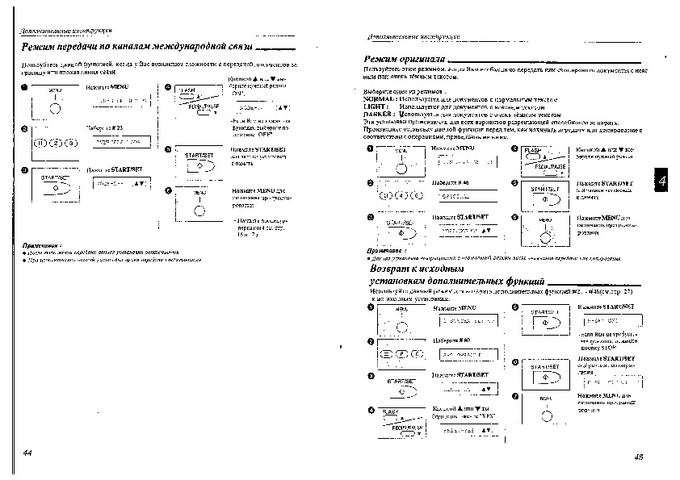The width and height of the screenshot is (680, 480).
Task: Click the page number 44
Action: tap(27, 454)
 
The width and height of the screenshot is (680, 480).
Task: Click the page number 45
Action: tap(638, 456)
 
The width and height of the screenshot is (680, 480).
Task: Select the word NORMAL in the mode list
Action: tap(380, 98)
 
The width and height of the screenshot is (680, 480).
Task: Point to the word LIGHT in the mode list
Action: tap(375, 106)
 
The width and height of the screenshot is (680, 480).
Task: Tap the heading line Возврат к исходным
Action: tap(416, 268)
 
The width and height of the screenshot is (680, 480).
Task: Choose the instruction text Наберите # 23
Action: tap(104, 127)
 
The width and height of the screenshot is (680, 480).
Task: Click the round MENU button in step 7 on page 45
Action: tap(547, 415)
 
